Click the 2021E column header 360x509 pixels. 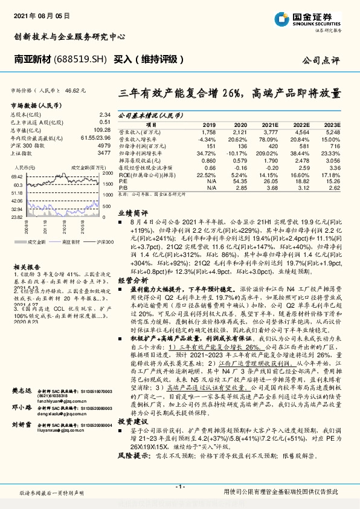[x=269, y=124]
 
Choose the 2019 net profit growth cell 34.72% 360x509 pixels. [x=206, y=155]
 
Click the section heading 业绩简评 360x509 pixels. [x=132, y=213]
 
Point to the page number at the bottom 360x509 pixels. [x=179, y=487]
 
